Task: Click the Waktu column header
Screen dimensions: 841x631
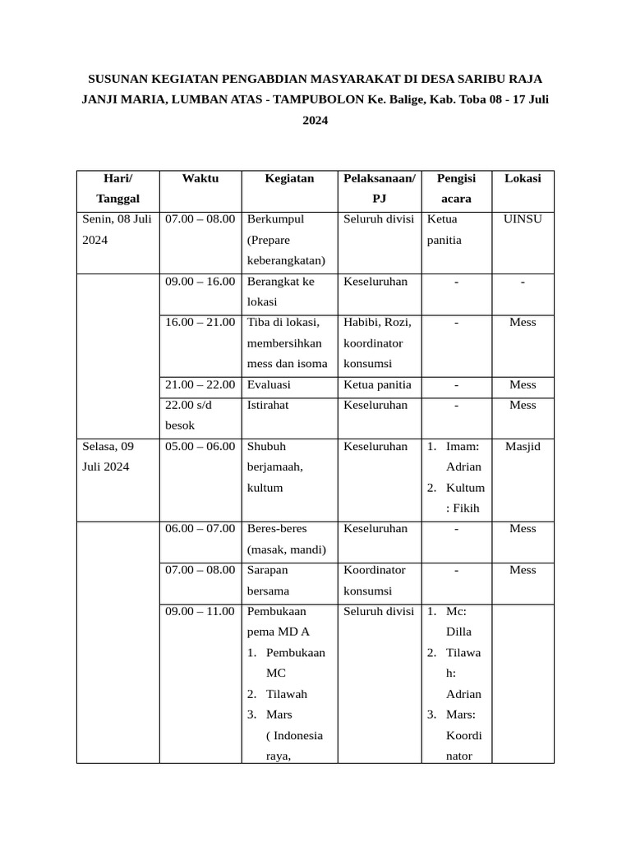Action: tap(200, 178)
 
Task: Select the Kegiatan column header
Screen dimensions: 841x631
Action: tap(289, 178)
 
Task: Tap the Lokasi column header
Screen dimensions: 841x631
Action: tap(523, 178)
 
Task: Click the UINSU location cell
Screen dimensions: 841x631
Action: tap(523, 219)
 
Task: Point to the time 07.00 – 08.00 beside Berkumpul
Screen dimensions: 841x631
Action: tap(200, 219)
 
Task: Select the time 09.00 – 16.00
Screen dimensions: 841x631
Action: tap(200, 281)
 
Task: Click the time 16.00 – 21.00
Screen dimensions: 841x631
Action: tap(200, 322)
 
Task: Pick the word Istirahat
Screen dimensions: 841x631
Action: tap(268, 405)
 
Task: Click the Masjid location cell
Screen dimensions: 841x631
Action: tap(523, 447)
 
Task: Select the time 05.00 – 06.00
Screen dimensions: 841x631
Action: tap(200, 447)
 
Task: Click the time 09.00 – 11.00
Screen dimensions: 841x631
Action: tap(200, 611)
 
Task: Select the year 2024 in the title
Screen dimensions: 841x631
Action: tap(315, 120)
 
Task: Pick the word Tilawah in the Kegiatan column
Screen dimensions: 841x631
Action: tap(287, 694)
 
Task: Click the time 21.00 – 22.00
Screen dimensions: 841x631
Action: tap(200, 384)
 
